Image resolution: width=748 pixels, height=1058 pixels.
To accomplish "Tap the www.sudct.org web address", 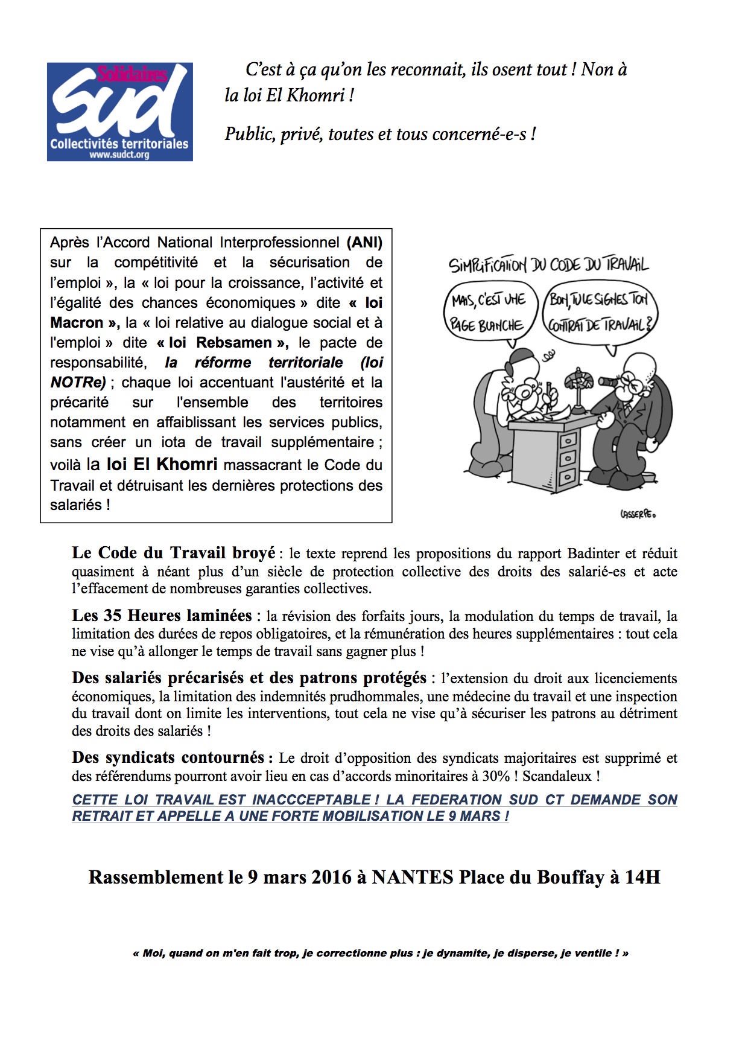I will pyautogui.click(x=119, y=155).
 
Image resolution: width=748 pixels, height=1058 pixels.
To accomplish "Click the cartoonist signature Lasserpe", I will pyautogui.click(x=637, y=514).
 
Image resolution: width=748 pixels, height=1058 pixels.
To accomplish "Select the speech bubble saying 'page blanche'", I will pyautogui.click(x=489, y=313).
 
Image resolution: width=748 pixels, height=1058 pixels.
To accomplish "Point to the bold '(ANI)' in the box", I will pyautogui.click(x=364, y=243).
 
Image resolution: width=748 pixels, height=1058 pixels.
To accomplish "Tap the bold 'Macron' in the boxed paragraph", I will pyautogui.click(x=77, y=323).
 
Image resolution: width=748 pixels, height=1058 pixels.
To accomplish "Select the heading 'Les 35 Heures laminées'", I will pyautogui.click(x=162, y=616).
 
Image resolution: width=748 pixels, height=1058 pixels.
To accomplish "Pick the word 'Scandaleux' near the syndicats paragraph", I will pyautogui.click(x=557, y=776).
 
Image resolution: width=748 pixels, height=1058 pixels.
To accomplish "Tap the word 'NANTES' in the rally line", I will pyautogui.click(x=412, y=877).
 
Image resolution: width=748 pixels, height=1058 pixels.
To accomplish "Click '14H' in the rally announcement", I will pyautogui.click(x=642, y=877).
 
